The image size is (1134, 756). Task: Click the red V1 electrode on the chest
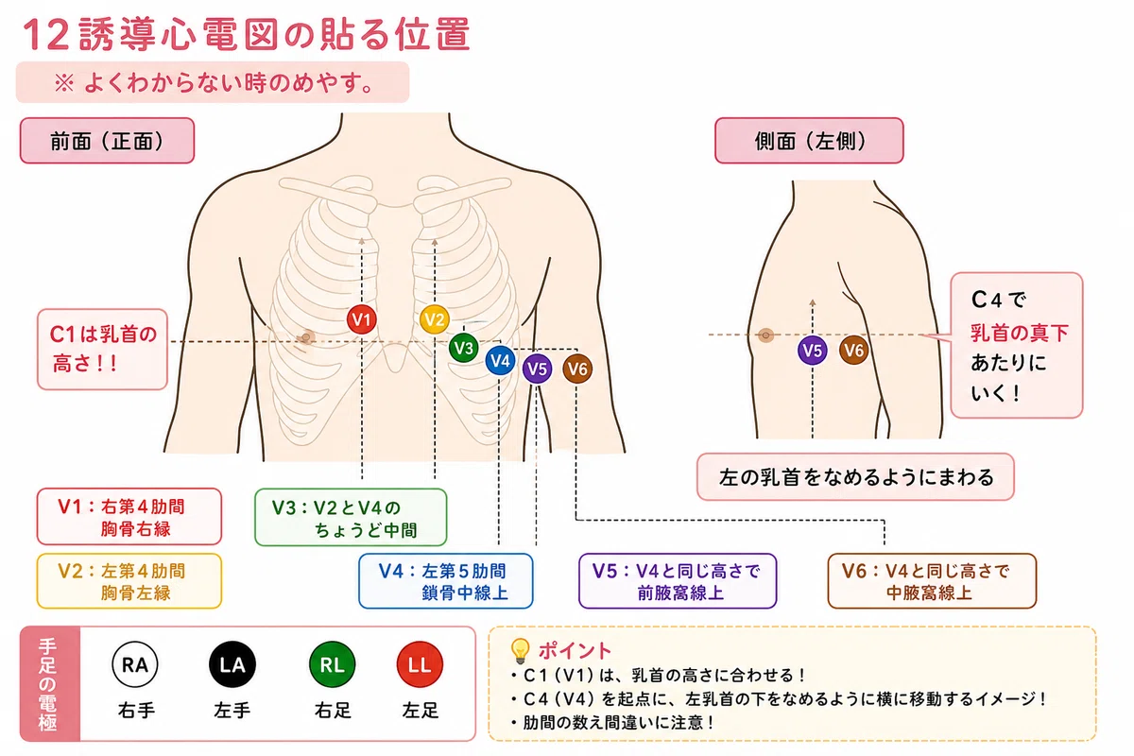[361, 319]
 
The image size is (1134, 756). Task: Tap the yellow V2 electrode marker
[435, 319]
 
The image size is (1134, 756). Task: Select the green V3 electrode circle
[463, 348]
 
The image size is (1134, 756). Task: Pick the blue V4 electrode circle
[500, 361]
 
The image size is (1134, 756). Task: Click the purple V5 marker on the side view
[813, 351]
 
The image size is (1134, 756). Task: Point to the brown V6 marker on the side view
[854, 350]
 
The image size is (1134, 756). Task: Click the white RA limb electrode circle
[134, 664]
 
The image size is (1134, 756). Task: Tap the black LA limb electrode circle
[232, 664]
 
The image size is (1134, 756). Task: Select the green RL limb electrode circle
[332, 664]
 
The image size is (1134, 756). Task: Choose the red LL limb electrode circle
[420, 664]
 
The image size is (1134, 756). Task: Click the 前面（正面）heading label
[107, 141]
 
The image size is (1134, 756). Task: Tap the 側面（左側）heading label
[809, 141]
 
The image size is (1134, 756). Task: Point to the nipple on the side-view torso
[766, 335]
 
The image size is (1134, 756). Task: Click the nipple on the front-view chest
[306, 336]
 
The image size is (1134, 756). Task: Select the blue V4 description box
[445, 581]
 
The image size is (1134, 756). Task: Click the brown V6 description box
[932, 581]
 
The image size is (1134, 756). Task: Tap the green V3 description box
[351, 517]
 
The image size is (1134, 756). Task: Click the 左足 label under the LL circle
[421, 711]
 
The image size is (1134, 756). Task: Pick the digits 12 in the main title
[46, 34]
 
